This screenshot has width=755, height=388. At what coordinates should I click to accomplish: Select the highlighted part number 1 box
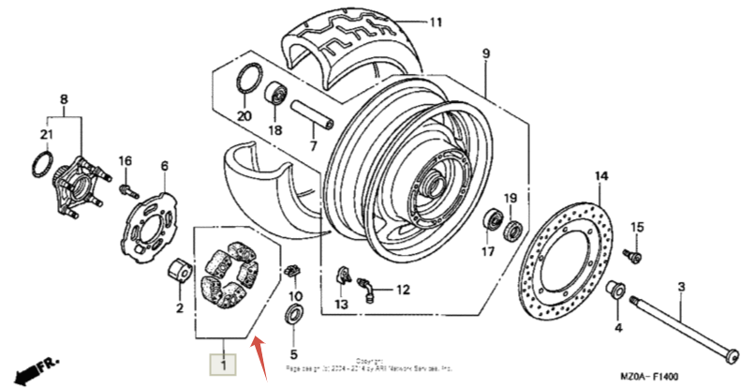223,363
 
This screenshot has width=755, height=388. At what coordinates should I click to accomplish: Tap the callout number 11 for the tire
434,22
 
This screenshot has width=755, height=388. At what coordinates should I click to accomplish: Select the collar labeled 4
617,290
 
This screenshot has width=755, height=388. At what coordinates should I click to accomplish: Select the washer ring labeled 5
293,311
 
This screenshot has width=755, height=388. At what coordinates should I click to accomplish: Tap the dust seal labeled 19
514,230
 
